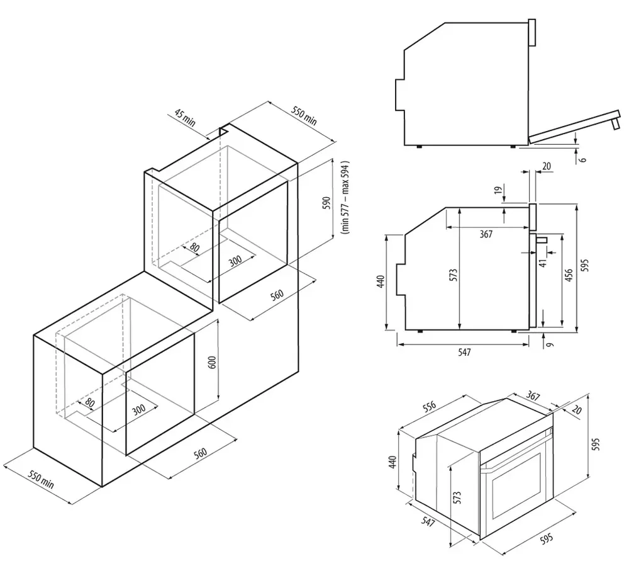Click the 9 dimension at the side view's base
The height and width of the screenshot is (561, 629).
(549, 344)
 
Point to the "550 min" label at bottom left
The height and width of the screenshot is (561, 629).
(39, 481)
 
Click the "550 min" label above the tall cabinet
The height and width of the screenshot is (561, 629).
(304, 116)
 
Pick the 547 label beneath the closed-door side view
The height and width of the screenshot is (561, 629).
(463, 353)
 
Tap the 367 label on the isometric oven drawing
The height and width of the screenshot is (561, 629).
(532, 396)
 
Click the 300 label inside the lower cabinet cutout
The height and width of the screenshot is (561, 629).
(139, 409)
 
